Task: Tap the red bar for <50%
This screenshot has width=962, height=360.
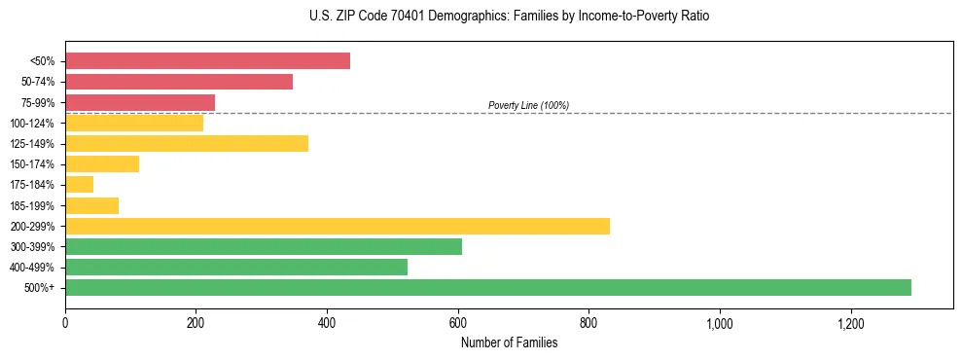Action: (x=207, y=61)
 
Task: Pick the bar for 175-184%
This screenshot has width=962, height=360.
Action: (x=80, y=185)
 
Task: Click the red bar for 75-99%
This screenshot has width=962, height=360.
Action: (x=140, y=102)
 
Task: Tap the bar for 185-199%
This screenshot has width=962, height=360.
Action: (x=92, y=205)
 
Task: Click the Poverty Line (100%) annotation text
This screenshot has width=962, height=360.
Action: (x=528, y=105)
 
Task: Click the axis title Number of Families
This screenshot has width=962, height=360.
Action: (x=509, y=342)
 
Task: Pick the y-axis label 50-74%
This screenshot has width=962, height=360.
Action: (x=38, y=82)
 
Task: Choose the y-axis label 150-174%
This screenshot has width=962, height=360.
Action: (x=34, y=164)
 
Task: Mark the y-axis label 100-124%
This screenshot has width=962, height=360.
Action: (x=34, y=124)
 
